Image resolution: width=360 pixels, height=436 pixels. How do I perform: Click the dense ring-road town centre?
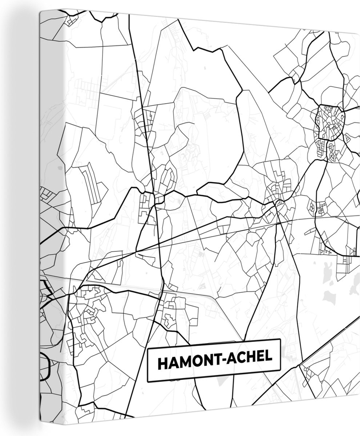(x=329, y=122)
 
